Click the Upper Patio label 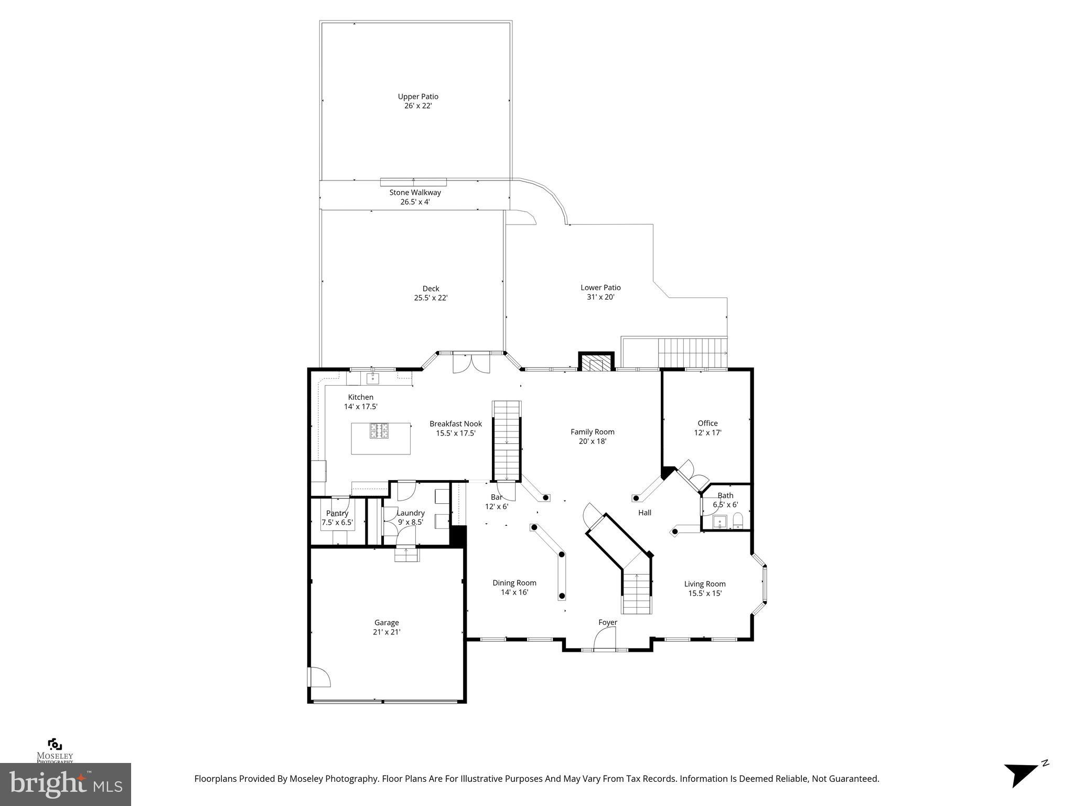[x=418, y=97]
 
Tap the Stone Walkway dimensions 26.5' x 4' [x=415, y=202]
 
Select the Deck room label [x=431, y=289]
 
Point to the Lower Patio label [x=600, y=288]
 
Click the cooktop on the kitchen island [x=380, y=430]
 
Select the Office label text [x=707, y=423]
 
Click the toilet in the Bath [x=738, y=521]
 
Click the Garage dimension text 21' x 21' [x=386, y=632]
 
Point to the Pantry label [x=337, y=513]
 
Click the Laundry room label [x=411, y=513]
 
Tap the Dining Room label [x=514, y=583]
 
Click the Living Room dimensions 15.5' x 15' [x=705, y=593]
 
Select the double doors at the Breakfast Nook [x=471, y=364]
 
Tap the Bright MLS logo [x=66, y=784]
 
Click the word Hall [x=645, y=513]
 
